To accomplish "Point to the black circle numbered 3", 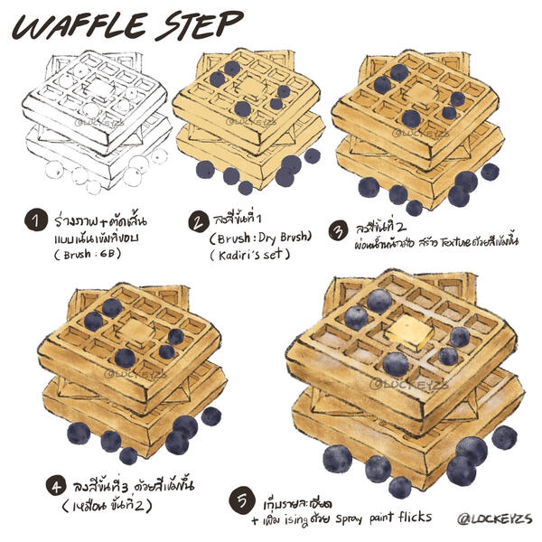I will click(x=337, y=230).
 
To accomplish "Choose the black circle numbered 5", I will click(x=241, y=499).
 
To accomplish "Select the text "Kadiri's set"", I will click(x=249, y=257).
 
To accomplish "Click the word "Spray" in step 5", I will click(x=354, y=518).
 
